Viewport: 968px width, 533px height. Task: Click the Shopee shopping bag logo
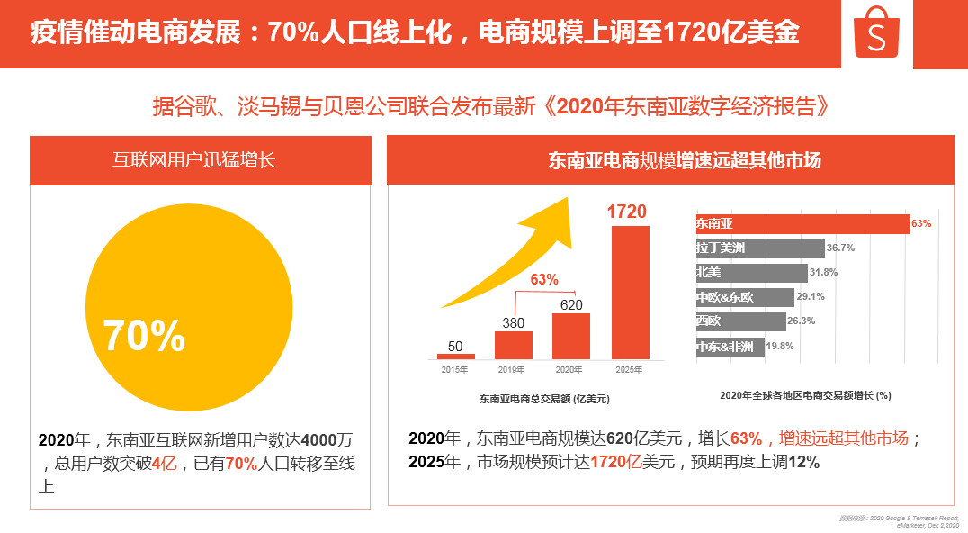click(x=876, y=33)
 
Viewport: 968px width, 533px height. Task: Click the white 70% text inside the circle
click(x=145, y=336)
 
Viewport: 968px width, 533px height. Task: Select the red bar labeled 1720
click(x=630, y=292)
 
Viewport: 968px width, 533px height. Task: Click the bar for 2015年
click(x=455, y=357)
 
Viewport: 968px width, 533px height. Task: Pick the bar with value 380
click(x=513, y=345)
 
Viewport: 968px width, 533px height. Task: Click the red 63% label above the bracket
click(x=543, y=280)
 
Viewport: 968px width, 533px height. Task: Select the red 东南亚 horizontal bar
click(x=802, y=223)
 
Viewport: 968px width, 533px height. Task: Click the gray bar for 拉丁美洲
click(x=759, y=248)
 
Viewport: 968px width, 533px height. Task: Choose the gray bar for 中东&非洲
click(x=730, y=346)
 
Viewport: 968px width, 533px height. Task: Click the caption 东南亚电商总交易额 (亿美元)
click(x=550, y=399)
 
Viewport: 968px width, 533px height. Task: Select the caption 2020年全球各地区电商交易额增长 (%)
click(x=805, y=395)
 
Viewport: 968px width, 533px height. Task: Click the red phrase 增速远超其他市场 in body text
click(x=843, y=438)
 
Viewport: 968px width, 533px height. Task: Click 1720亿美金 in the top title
click(x=730, y=33)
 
